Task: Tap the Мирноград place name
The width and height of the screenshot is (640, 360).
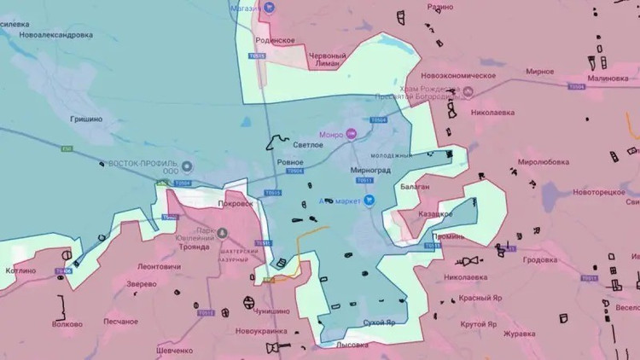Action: coord(369,170)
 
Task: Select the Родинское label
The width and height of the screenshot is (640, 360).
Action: coord(275,41)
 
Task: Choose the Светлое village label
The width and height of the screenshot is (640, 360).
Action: coord(308,146)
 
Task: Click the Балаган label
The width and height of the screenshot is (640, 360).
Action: coord(435,186)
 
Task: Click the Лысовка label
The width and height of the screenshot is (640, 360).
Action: coord(352,345)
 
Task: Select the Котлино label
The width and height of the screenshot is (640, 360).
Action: coord(20,271)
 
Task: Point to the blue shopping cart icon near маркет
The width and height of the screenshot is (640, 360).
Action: coord(369,200)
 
